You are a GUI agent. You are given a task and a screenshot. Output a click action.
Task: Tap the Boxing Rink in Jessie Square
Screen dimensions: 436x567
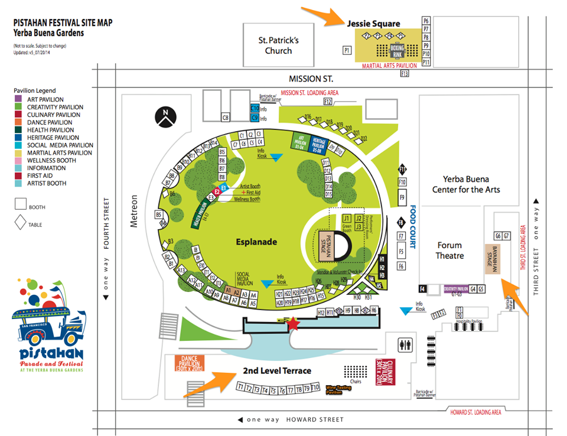[397, 50]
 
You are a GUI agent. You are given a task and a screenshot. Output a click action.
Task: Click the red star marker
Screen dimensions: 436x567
[293, 323]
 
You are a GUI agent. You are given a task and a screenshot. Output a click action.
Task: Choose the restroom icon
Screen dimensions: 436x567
[406, 344]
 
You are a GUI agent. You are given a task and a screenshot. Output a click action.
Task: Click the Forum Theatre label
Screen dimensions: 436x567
[450, 250]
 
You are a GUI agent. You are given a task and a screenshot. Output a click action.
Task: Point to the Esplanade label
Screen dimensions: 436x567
[257, 242]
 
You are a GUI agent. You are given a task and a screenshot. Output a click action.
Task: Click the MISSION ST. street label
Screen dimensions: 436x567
[311, 79]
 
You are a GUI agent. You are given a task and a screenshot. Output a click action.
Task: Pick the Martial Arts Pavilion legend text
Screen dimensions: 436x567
[60, 153]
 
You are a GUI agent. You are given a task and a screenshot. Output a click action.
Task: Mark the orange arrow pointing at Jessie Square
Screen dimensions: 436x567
[320, 16]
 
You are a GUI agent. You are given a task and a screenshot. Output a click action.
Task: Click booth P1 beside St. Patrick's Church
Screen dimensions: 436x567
[347, 51]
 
